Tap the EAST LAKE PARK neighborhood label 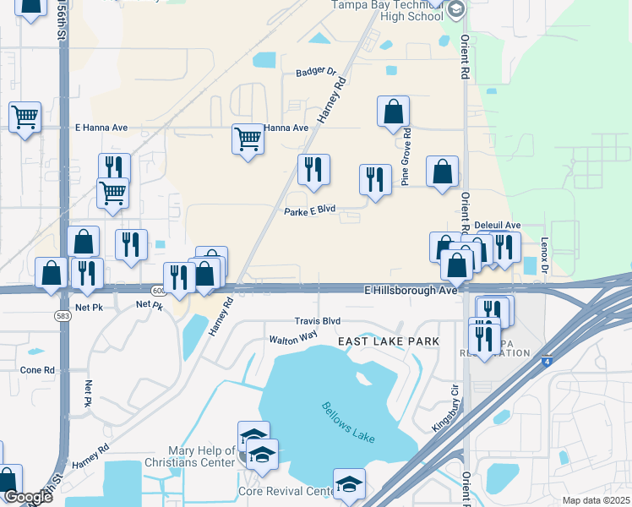(x=389, y=341)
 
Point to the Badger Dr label (x=316, y=73)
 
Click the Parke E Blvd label (x=310, y=210)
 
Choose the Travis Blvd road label (x=317, y=321)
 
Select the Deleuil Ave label (x=498, y=225)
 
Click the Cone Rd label (x=37, y=370)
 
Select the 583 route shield (x=64, y=315)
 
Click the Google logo (x=27, y=497)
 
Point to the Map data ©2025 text (x=596, y=500)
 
